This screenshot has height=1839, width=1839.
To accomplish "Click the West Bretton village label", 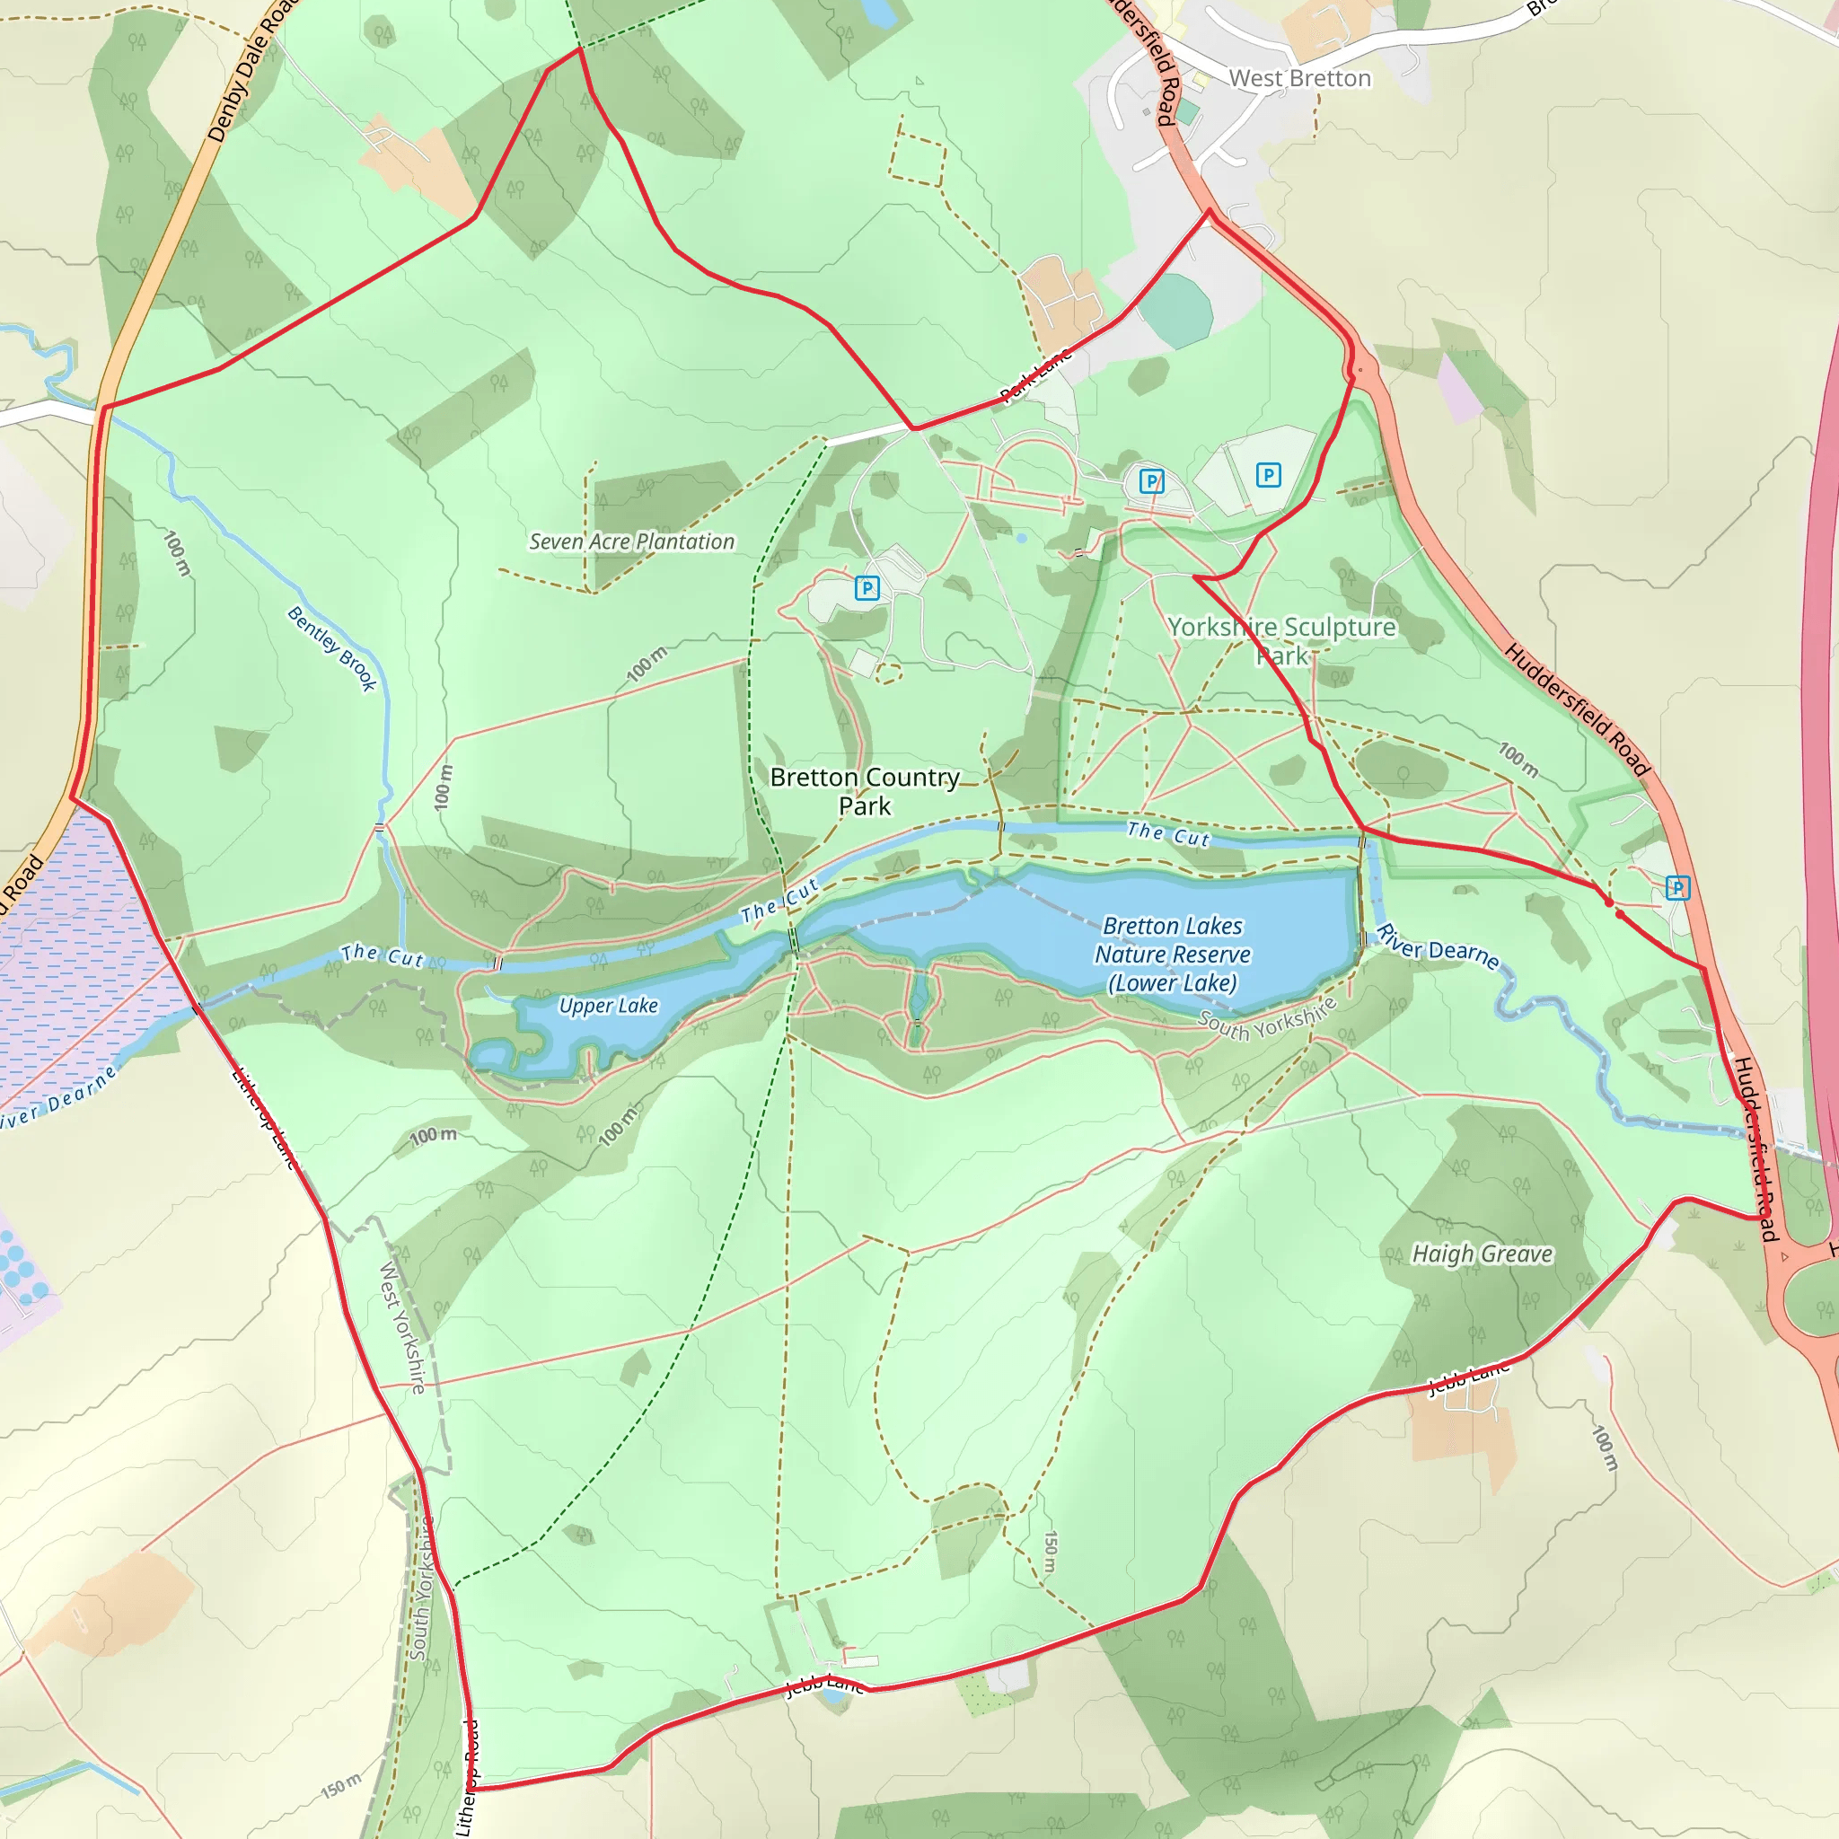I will [1299, 78].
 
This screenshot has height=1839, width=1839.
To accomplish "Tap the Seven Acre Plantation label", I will [631, 541].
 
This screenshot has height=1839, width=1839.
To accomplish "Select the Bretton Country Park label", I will [865, 791].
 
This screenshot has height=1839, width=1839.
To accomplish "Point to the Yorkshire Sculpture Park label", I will [1281, 640].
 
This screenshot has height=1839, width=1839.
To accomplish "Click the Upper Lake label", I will [608, 1005].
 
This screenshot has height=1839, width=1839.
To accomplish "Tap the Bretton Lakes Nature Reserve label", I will [1172, 954].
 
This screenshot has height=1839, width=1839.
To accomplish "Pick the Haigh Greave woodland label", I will [1481, 1254].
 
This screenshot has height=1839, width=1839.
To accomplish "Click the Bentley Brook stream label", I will [331, 648].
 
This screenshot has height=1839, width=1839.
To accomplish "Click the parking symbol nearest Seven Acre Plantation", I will [867, 588].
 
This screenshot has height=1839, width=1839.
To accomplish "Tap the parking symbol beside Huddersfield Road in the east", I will [1677, 888].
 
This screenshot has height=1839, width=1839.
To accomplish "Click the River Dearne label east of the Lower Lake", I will [1438, 947].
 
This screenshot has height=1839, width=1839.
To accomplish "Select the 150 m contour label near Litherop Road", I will [340, 1786].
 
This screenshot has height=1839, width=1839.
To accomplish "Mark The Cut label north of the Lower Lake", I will [1168, 835].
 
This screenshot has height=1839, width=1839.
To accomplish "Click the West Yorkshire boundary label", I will [402, 1327].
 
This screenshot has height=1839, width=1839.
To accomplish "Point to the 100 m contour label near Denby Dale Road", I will [177, 553].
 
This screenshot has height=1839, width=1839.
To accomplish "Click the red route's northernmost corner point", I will [580, 48].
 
